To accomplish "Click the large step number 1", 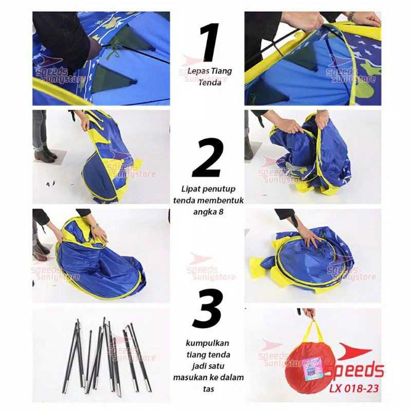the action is pyautogui.click(x=210, y=42).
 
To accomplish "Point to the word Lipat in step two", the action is pyautogui.click(x=190, y=189).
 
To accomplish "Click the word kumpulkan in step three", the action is pyautogui.click(x=208, y=344).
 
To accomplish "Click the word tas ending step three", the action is pyautogui.click(x=208, y=389).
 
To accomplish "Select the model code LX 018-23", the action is pyautogui.click(x=354, y=388).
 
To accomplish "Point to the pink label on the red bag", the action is pyautogui.click(x=312, y=370).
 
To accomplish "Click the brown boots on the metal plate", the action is pyautogui.click(x=45, y=155).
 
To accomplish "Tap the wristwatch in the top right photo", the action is pyautogui.click(x=350, y=16).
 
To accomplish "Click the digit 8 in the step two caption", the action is pyautogui.click(x=221, y=212).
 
